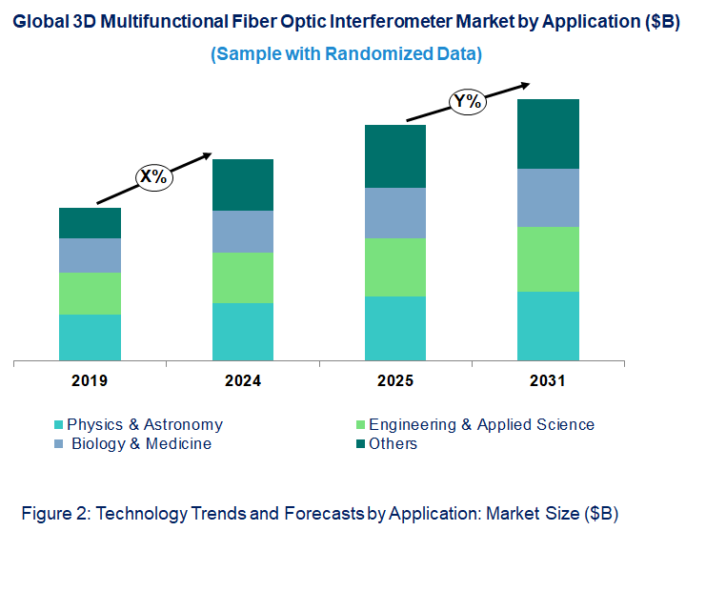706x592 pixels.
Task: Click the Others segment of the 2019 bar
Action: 90,223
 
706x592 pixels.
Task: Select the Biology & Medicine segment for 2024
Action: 242,232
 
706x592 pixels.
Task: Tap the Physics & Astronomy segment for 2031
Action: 548,326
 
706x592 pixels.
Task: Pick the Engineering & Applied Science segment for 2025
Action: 395,267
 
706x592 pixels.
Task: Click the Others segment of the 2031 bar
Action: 548,133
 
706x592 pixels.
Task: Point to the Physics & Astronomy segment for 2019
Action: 90,337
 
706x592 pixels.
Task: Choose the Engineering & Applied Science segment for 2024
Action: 242,277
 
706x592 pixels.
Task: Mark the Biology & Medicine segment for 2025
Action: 395,213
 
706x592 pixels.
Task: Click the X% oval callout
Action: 153,176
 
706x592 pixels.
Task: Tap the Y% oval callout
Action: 467,101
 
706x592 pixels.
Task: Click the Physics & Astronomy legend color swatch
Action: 59,425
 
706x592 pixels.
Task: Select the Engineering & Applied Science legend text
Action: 481,425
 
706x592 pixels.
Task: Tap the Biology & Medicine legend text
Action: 141,444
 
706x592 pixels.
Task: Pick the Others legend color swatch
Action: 360,444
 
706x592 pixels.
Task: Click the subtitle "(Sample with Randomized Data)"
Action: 346,54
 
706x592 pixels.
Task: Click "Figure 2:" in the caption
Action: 52,514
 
